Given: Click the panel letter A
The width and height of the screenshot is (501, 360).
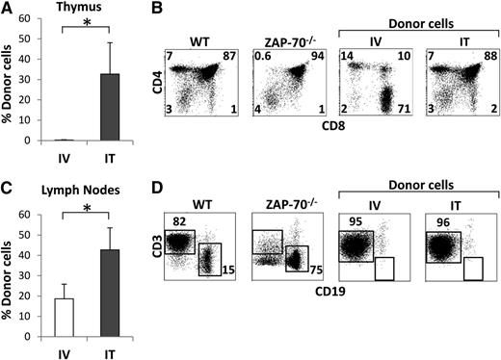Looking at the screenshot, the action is pos(8,9).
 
